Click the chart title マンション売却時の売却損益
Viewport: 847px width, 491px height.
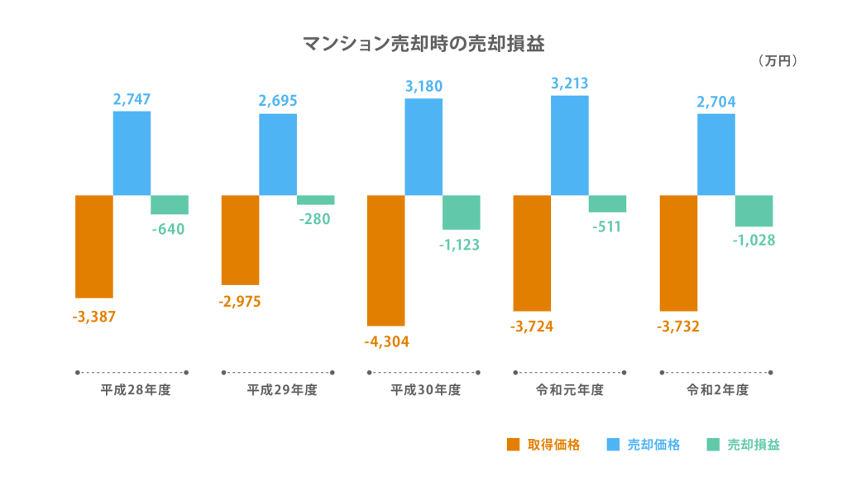(x=423, y=43)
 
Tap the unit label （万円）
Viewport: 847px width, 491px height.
(x=776, y=61)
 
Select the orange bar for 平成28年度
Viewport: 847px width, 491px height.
(x=93, y=245)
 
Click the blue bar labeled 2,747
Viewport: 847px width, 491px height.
(x=132, y=153)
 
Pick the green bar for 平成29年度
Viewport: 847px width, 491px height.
(x=316, y=200)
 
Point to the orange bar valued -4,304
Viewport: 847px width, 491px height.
(x=385, y=260)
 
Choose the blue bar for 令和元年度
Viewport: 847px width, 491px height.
(x=570, y=145)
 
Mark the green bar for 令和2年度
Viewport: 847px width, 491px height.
(x=754, y=211)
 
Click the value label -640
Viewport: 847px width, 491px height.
(x=168, y=229)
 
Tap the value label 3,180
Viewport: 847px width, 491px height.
(x=423, y=86)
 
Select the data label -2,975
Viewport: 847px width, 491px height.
(x=240, y=302)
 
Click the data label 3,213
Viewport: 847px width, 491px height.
(x=570, y=83)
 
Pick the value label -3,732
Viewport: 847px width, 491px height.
(x=678, y=327)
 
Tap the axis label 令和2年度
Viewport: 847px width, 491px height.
(x=717, y=390)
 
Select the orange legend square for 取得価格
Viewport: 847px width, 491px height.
(x=513, y=445)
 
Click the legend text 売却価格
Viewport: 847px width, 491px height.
(x=653, y=445)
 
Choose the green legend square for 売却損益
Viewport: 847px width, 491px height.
(x=713, y=445)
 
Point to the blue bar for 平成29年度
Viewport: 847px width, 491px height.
(x=278, y=155)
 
